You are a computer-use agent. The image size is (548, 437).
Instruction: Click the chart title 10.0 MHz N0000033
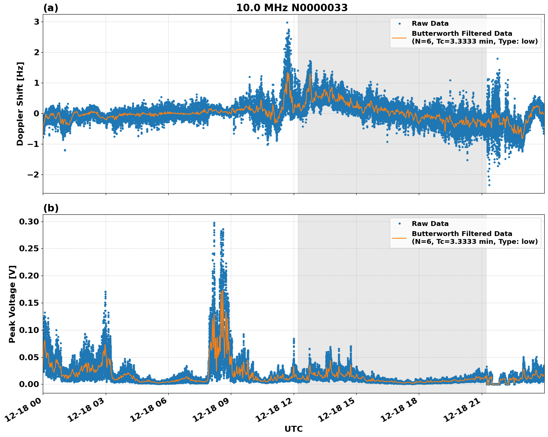(292, 8)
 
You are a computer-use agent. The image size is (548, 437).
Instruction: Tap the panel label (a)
(51, 8)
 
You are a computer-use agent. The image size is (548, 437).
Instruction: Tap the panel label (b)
(51, 208)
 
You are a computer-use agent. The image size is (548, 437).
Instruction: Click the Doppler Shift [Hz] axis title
(20, 104)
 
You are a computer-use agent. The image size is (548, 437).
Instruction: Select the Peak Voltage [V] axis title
(12, 304)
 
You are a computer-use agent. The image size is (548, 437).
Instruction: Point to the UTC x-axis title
(293, 429)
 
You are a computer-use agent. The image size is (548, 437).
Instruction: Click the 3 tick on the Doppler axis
(36, 22)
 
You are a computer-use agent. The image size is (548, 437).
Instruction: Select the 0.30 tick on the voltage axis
(29, 222)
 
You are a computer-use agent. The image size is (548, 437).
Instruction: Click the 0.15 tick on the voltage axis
(29, 303)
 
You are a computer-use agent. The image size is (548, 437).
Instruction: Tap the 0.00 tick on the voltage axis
(29, 384)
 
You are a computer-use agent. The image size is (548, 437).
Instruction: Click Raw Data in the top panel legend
(430, 23)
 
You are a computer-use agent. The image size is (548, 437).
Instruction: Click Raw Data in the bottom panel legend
(430, 224)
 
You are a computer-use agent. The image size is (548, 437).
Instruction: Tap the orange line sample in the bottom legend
(399, 238)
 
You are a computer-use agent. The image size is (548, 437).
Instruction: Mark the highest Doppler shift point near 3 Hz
(287, 22)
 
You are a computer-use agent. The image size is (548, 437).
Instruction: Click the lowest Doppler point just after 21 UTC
(489, 185)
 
